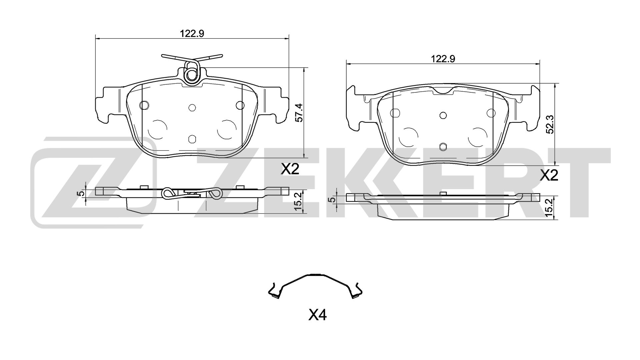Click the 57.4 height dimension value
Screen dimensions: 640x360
(x=299, y=113)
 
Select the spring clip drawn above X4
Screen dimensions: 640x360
(x=315, y=286)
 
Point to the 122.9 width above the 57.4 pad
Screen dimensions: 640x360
(x=192, y=33)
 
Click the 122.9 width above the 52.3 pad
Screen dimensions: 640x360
(x=443, y=59)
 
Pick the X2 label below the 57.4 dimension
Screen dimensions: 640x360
(x=290, y=169)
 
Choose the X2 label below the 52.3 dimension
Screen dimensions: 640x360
(x=549, y=175)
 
